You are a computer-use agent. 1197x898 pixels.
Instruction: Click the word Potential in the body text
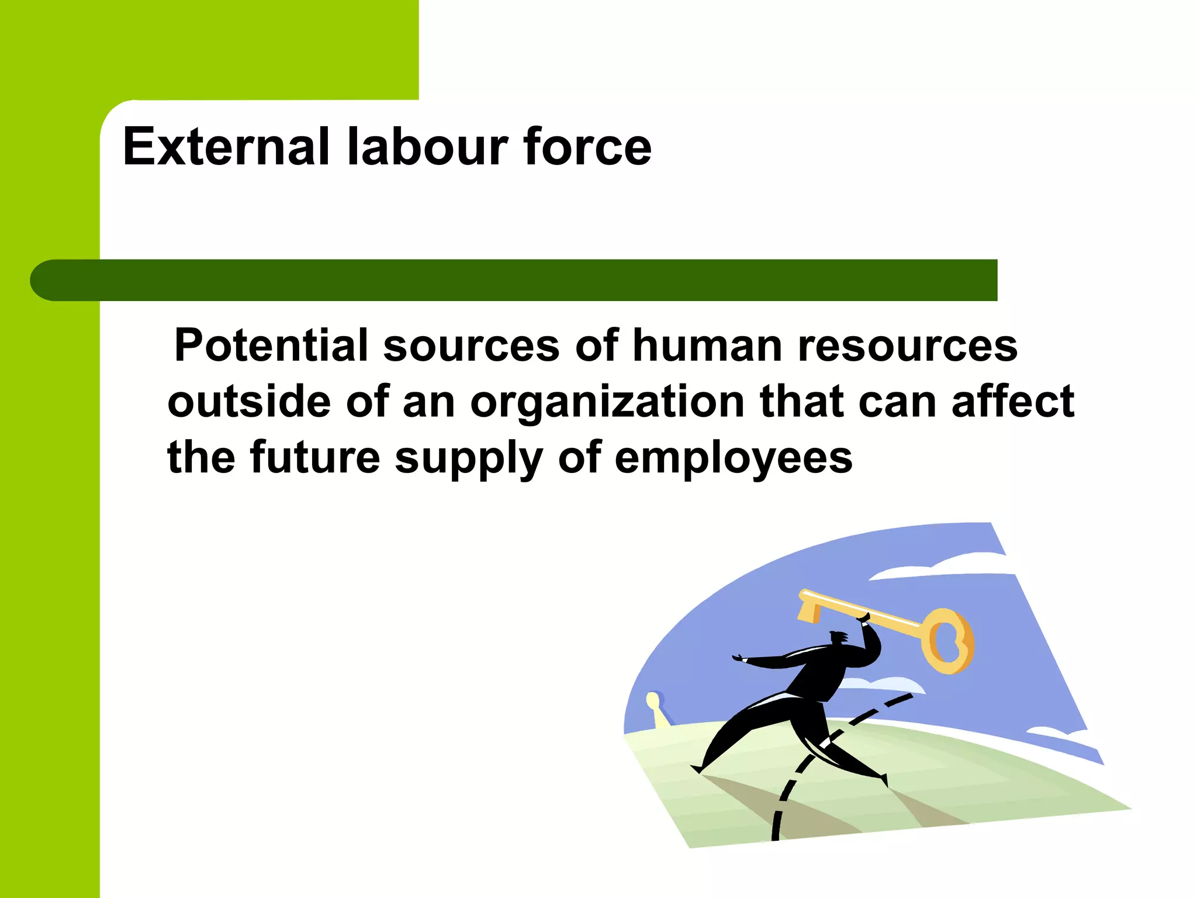[x=271, y=346]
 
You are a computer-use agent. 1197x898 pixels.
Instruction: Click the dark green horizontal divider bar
[x=514, y=280]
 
